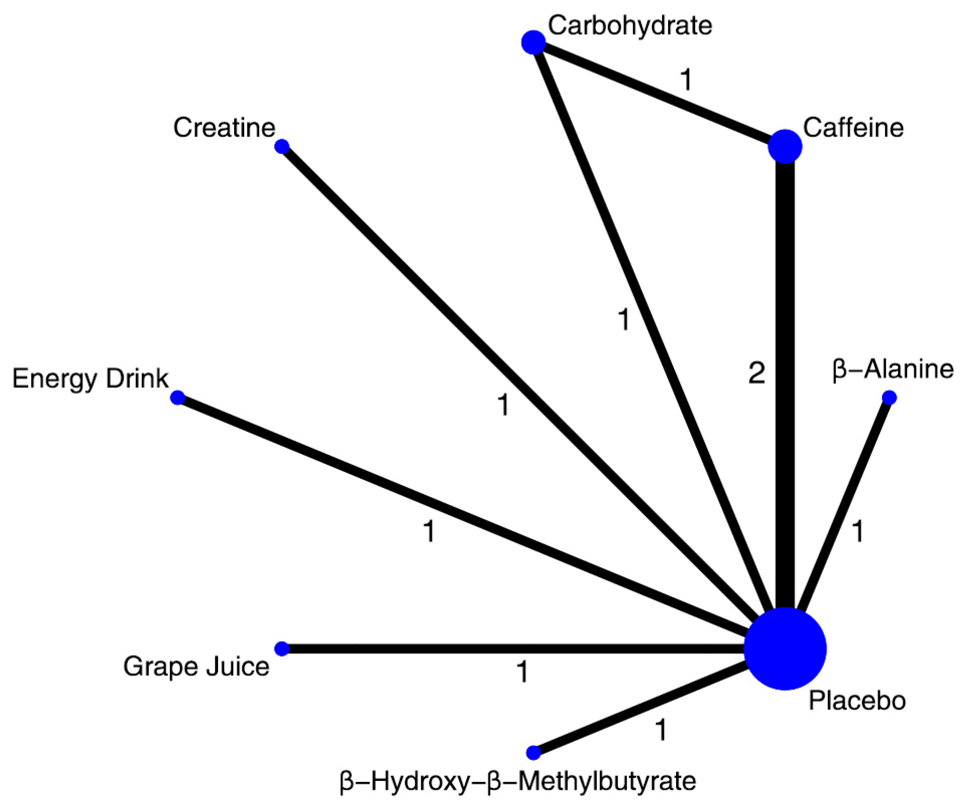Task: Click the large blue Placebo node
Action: pos(784,648)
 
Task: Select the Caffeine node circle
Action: pos(784,146)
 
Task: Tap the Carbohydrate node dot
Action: pos(533,42)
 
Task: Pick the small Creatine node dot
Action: pos(282,146)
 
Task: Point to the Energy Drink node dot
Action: pos(177,397)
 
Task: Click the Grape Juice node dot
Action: pos(282,649)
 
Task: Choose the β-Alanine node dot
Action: pos(889,397)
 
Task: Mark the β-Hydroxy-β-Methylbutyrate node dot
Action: pos(533,753)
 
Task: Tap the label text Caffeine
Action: pos(853,128)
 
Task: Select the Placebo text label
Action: pos(857,700)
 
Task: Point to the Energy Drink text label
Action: pos(90,378)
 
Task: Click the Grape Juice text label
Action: pos(196,667)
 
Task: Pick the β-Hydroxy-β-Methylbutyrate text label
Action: pos(517,781)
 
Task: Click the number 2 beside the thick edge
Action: pos(756,373)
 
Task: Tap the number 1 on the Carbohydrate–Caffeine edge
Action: pos(686,79)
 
